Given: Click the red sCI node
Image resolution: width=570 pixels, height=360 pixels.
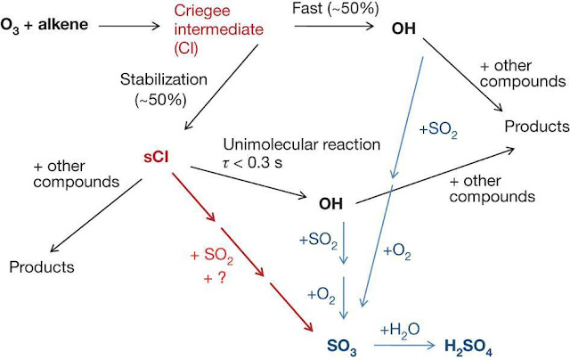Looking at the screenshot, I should pos(156,157).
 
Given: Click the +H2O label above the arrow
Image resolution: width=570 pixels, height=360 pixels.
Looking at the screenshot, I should pos(396,328).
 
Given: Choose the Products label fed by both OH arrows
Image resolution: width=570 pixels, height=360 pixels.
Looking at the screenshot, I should pos(536,127).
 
